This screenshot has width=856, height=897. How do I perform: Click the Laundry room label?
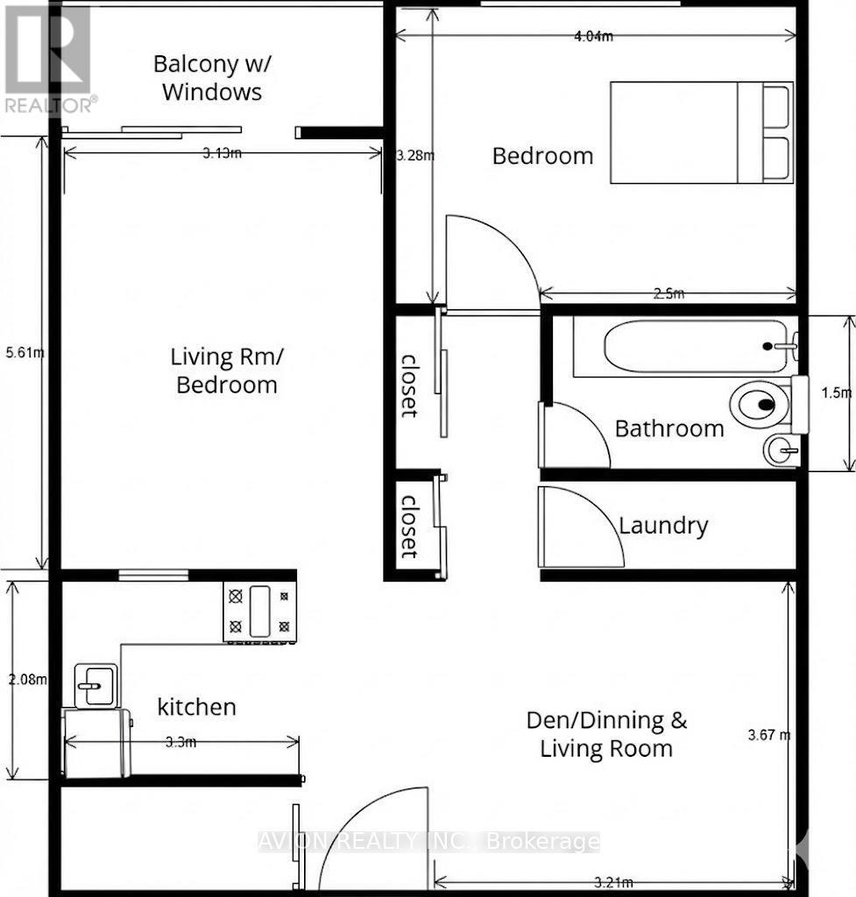coord(663,526)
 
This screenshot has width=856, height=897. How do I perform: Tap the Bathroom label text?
coord(669,428)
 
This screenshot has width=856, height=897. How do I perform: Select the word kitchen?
coord(196,706)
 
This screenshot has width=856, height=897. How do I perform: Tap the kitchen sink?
coord(90,684)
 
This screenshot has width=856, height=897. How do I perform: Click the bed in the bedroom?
coord(701,133)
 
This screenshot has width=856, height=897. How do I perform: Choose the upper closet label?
coord(409,385)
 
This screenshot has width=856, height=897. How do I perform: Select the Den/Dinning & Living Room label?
coord(606,734)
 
